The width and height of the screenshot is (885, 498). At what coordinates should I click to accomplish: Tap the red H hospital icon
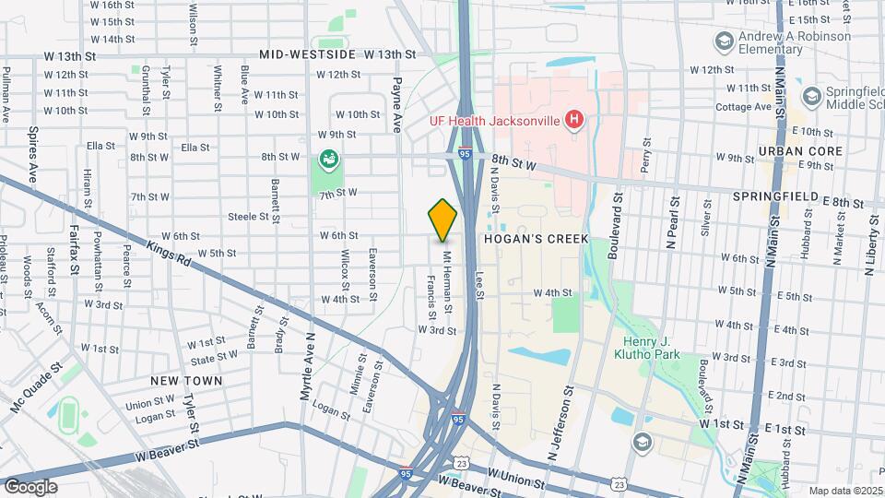575,119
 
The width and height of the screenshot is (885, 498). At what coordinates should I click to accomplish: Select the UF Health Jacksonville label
495,120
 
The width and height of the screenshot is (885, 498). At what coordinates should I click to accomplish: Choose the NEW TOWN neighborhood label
187,380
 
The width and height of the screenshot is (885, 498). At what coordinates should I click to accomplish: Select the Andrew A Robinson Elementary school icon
724,41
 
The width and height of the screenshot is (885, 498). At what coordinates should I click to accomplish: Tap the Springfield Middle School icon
811,96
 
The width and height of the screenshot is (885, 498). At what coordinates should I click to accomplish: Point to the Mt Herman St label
447,275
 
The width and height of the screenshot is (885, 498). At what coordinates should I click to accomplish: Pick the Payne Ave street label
396,104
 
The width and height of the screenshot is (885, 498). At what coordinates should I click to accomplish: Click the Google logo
30,486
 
